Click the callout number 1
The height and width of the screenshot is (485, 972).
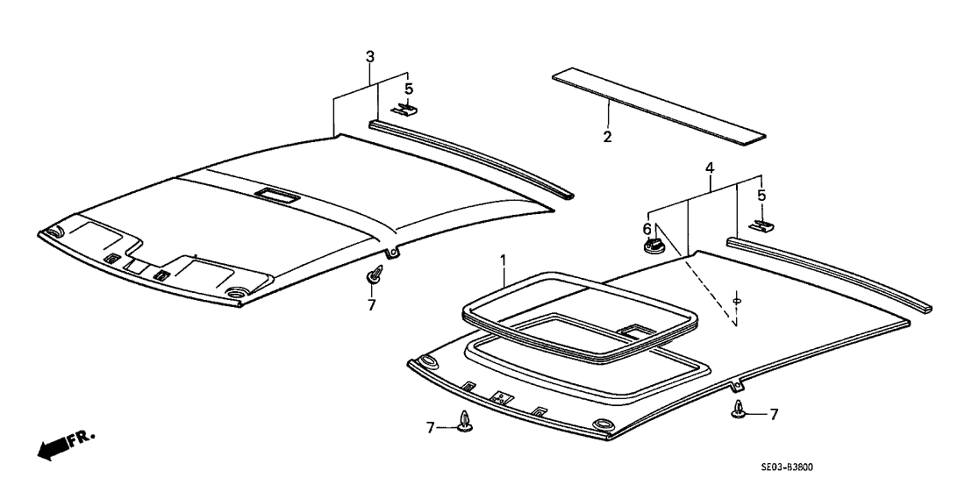pyautogui.click(x=504, y=260)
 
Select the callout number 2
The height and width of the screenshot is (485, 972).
pyautogui.click(x=607, y=137)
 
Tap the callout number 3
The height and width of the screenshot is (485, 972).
pyautogui.click(x=370, y=57)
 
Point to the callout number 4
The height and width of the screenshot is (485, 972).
pyautogui.click(x=709, y=168)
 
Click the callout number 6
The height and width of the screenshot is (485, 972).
pyautogui.click(x=647, y=229)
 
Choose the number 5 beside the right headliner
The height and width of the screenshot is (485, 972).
pyautogui.click(x=761, y=196)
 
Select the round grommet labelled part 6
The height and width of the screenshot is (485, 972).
pyautogui.click(x=651, y=246)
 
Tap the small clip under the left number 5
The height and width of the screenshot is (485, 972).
pyautogui.click(x=404, y=110)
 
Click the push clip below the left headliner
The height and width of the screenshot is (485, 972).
pyautogui.click(x=373, y=275)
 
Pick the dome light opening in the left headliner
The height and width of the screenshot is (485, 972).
pyautogui.click(x=275, y=195)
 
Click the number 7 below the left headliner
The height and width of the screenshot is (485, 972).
pyautogui.click(x=371, y=305)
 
